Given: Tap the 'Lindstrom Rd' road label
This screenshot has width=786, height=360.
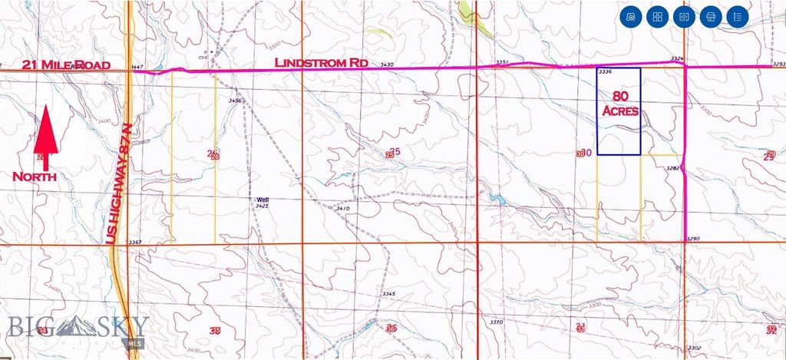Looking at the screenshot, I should pyautogui.click(x=322, y=61).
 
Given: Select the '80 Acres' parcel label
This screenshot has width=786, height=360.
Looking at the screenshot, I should pyautogui.click(x=619, y=104).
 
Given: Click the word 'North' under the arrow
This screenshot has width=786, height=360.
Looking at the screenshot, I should pyautogui.click(x=35, y=177).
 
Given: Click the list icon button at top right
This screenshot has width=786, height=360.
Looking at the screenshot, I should pyautogui.click(x=736, y=16).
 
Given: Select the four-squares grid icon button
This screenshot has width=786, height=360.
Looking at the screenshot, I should pyautogui.click(x=657, y=16).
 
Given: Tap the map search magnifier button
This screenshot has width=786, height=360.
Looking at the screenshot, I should pyautogui.click(x=631, y=16).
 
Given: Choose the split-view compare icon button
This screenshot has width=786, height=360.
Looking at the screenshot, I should pyautogui.click(x=684, y=16).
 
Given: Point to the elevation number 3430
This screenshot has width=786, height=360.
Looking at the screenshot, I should pyautogui.click(x=387, y=65).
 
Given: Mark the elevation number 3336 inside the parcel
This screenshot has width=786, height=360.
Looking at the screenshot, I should pyautogui.click(x=605, y=72).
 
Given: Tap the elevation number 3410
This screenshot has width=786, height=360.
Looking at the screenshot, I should pyautogui.click(x=343, y=208).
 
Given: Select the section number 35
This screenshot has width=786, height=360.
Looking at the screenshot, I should pyautogui.click(x=216, y=330).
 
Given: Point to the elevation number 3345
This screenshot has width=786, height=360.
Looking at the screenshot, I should pyautogui.click(x=388, y=294).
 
